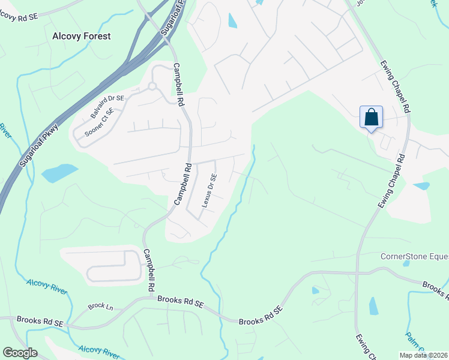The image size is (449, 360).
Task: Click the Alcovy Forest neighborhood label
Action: coord(82,36)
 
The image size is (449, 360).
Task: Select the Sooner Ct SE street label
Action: coord(100,123)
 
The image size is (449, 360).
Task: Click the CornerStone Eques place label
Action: coord(414,256)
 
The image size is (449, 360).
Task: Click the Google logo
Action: coord(20,353)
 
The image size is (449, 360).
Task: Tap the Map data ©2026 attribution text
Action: coord(423,355)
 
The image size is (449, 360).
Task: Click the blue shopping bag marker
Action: coord(372,117)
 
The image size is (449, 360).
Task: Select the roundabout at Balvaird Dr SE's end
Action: coord(152,86)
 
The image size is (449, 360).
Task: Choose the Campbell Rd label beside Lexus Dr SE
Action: coord(182,184)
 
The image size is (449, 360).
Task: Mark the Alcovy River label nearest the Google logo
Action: coord(99,351)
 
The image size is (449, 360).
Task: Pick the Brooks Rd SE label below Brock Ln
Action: coord(40,322)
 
